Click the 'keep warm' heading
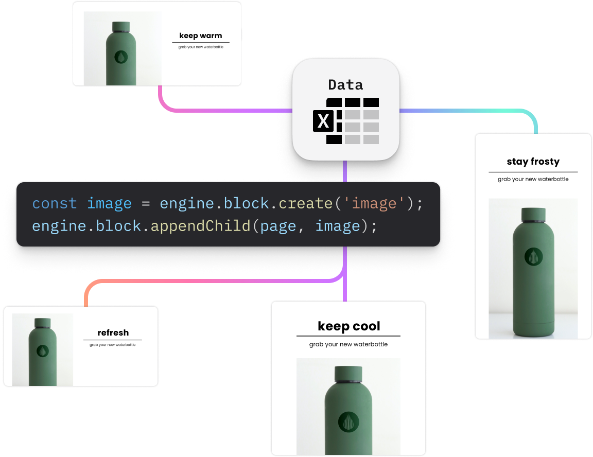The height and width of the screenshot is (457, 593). coord(201,36)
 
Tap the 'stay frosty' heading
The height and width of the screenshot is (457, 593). coord(533,162)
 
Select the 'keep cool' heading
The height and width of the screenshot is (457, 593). coord(348,326)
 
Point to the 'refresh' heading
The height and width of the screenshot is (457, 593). coord(113,332)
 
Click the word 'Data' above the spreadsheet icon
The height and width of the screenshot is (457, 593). coord(345,85)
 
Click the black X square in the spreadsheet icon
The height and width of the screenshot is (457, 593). coord(323,121)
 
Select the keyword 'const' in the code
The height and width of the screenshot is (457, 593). coord(55,204)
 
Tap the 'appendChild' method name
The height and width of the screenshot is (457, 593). coord(199,226)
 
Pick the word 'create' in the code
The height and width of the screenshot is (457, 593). coord(305,204)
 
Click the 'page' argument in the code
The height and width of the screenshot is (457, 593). coord(278,226)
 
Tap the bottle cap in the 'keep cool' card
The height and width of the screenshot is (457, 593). coord(348,374)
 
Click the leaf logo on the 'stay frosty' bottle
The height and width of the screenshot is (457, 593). coord(533,256)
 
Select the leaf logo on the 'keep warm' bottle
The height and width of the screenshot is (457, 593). coord(121,57)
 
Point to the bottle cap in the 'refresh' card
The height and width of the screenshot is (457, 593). coord(43,323)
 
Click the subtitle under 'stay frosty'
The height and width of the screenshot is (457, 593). coord(533,180)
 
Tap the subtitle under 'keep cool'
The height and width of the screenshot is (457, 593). coord(348,344)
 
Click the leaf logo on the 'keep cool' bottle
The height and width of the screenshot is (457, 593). coord(348,422)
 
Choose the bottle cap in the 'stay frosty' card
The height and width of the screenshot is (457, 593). coord(533,214)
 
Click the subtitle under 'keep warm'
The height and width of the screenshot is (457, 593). coord(201,47)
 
